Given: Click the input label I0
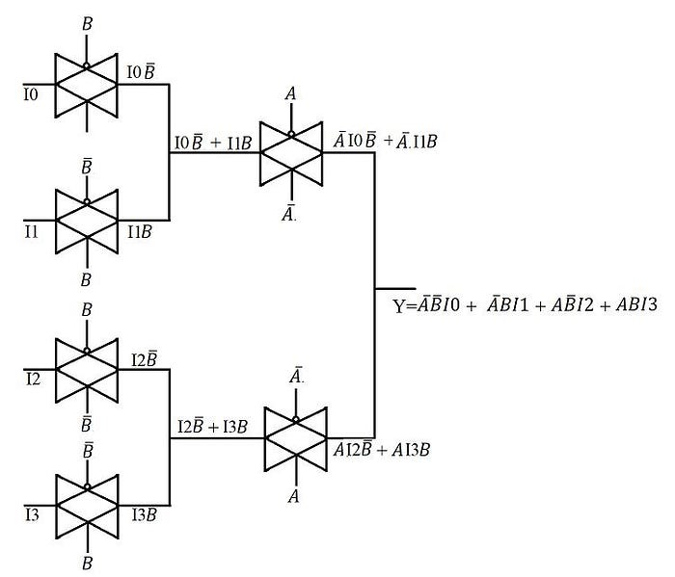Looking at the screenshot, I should pyautogui.click(x=33, y=96).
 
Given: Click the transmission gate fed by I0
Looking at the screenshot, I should pyautogui.click(x=87, y=83).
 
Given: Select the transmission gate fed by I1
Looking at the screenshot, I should pyautogui.click(x=87, y=219).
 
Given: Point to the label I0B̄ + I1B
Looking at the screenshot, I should pyautogui.click(x=212, y=142).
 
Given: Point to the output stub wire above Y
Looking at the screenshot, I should pyautogui.click(x=395, y=288).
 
